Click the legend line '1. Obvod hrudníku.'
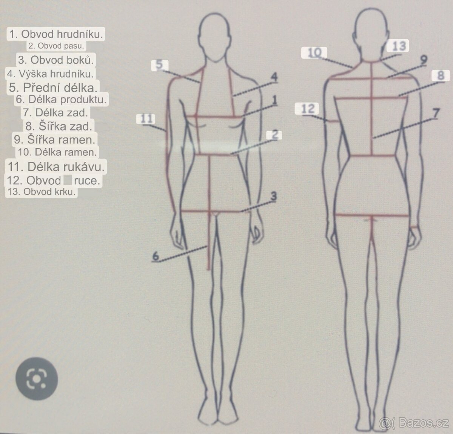[56, 34]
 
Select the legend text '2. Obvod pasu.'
[56, 46]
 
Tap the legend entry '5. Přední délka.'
[53, 87]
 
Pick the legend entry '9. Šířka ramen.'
[55, 140]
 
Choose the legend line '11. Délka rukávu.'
[56, 166]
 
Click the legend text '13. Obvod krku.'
[42, 192]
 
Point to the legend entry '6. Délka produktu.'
[61, 99]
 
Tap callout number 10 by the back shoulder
[314, 53]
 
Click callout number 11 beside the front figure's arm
[146, 119]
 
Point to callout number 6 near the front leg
[156, 256]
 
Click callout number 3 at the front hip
[274, 196]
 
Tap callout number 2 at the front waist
[275, 135]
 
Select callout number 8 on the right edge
[441, 75]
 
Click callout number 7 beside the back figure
[436, 113]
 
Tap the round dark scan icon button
[37, 379]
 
